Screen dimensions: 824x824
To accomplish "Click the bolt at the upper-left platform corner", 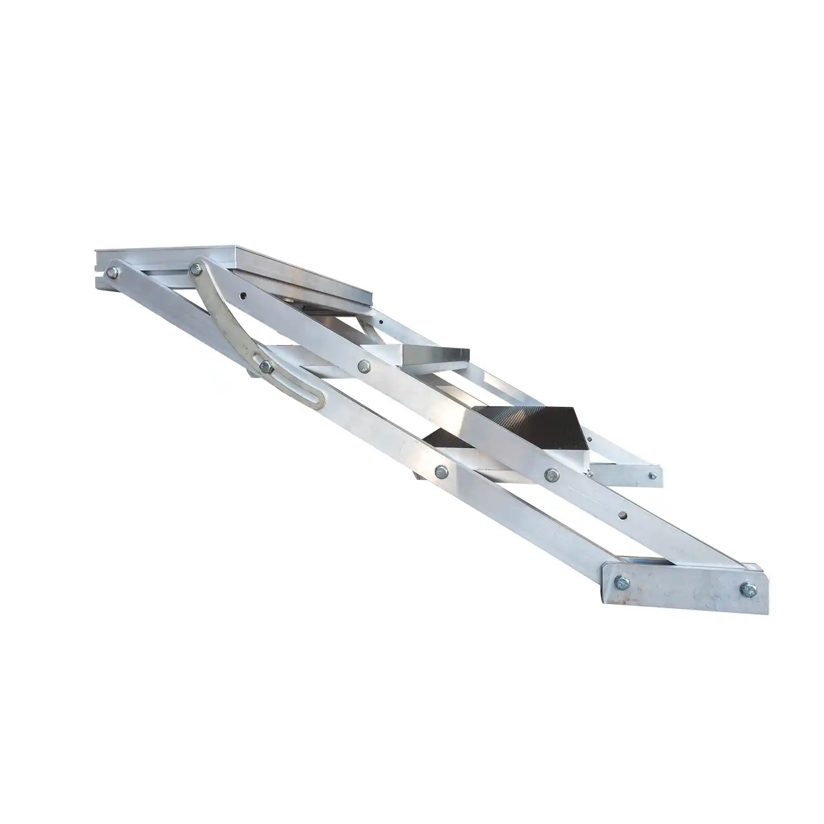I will pos(110,272).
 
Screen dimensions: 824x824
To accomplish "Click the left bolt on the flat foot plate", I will pos(622,582).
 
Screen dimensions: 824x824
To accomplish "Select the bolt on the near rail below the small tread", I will pos(440,470).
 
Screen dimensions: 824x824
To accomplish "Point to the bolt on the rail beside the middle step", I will pos(365,365).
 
